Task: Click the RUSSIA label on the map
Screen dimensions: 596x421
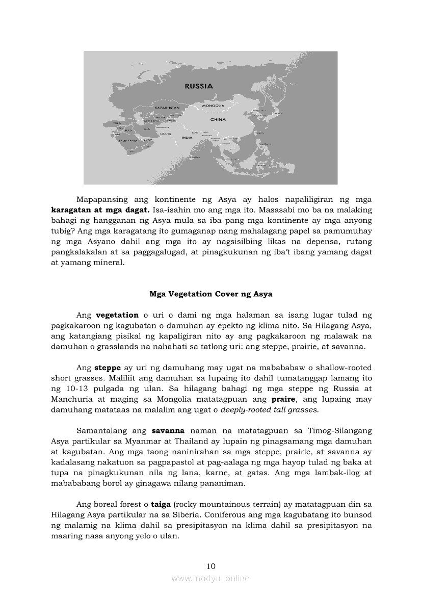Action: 199,86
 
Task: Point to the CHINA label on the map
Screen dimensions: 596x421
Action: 218,119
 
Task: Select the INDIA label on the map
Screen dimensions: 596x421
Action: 187,137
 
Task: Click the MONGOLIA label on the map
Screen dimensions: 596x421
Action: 213,105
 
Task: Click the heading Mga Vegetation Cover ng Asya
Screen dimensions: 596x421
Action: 210,294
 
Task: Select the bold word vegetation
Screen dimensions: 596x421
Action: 117,315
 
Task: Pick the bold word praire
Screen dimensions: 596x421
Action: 283,399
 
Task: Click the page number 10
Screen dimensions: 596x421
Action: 211,566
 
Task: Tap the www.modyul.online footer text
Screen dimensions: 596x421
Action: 210,578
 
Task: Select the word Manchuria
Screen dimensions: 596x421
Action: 73,399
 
